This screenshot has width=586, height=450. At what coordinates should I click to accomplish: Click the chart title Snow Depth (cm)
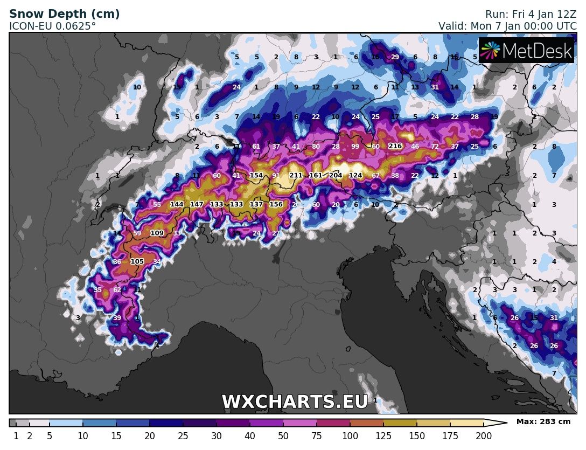(x=65, y=14)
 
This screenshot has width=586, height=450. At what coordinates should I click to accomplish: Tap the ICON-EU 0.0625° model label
(x=53, y=25)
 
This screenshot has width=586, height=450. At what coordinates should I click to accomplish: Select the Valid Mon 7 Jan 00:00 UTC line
(x=508, y=25)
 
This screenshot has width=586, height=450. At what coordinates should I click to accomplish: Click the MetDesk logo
(x=527, y=50)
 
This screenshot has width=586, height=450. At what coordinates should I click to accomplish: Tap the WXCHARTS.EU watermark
(x=295, y=402)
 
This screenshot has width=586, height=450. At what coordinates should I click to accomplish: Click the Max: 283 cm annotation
(x=543, y=421)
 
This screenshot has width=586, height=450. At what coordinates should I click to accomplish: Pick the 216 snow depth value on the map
(x=395, y=147)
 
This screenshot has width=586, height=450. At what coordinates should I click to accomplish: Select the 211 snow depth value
(x=296, y=176)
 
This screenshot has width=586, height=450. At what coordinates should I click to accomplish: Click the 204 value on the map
(x=336, y=176)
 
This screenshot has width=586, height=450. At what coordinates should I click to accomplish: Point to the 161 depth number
(x=316, y=176)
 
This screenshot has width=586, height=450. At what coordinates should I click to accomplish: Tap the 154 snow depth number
(x=256, y=176)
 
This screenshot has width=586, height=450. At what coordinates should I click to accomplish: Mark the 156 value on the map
(x=276, y=205)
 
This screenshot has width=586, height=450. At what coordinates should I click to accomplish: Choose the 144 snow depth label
(x=177, y=205)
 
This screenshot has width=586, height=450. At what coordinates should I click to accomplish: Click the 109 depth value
(x=157, y=233)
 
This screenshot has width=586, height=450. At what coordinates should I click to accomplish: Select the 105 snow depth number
(x=137, y=262)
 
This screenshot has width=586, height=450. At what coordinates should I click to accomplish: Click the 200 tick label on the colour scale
(x=483, y=436)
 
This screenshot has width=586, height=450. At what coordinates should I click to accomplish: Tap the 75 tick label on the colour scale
(x=316, y=436)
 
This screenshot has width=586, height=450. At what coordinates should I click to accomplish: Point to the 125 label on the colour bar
(x=383, y=436)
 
